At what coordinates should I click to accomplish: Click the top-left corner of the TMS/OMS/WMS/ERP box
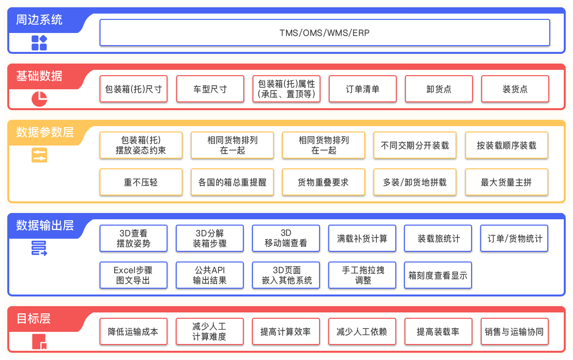pos(100,20)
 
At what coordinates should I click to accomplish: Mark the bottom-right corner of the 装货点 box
pos(549,101)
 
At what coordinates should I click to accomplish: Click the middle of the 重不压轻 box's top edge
pos(141,169)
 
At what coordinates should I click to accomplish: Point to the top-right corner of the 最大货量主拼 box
pos(547,169)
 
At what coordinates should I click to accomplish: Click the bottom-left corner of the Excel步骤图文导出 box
pos(100,288)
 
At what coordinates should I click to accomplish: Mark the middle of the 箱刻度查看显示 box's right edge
pos(472,275)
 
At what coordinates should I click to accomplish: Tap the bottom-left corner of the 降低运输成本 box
pos(100,344)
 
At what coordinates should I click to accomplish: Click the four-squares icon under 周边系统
pos(39,43)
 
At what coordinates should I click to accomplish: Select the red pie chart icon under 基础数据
pos(39,99)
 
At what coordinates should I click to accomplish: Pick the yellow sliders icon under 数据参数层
pos(39,155)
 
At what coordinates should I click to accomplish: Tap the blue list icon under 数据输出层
pos(39,248)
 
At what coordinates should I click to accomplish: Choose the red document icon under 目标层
pos(39,342)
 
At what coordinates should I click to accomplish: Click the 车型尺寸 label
pos(210,89)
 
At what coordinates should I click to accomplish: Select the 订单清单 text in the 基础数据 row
pos(363,89)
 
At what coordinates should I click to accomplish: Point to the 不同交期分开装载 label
pos(415,146)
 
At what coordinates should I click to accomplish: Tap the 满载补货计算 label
pos(362,239)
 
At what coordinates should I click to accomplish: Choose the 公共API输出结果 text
pos(210,275)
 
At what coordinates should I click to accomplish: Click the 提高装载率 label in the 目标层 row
pos(438,331)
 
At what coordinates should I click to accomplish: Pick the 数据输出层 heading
pos(45,225)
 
